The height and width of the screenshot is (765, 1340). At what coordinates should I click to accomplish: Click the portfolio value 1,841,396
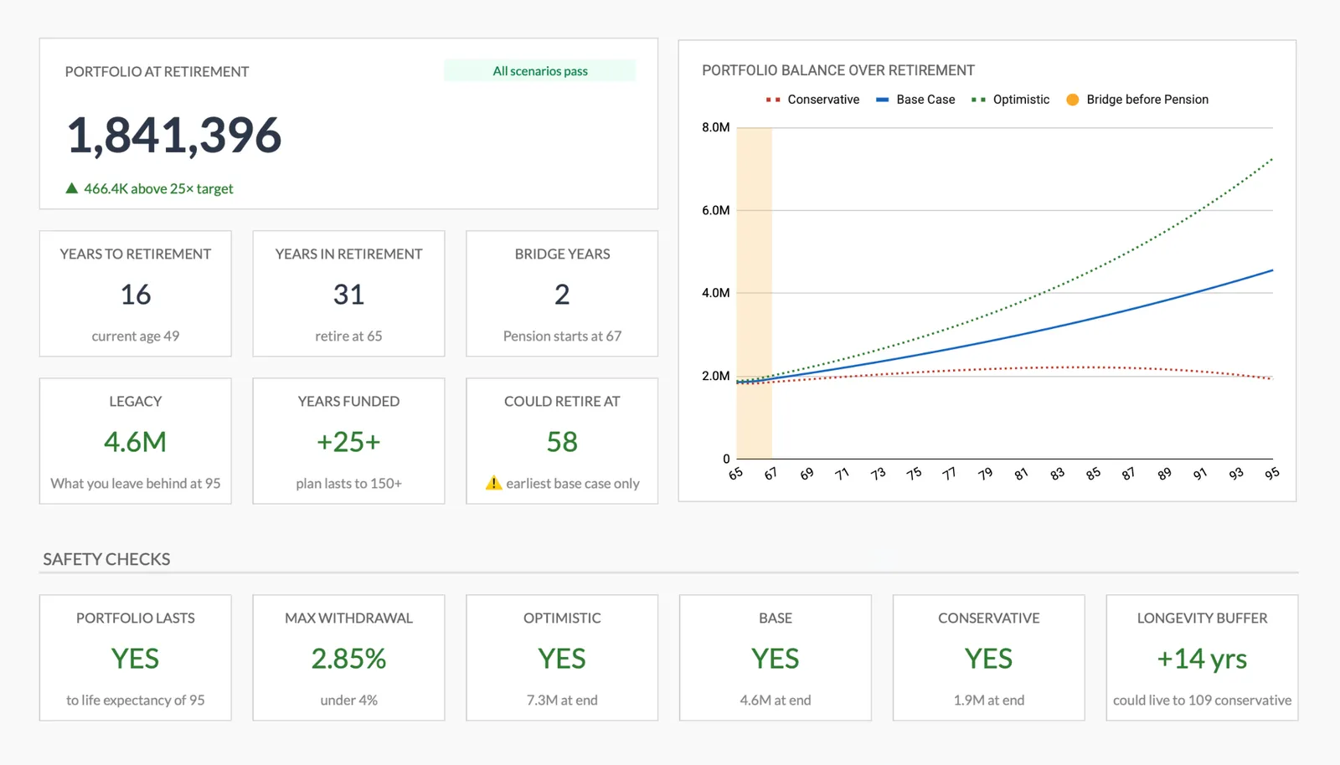(173, 136)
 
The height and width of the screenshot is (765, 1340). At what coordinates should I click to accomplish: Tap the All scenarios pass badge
(539, 71)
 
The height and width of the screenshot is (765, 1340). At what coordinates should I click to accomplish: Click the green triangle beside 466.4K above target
(72, 188)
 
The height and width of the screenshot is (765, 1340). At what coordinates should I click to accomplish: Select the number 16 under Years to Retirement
(135, 295)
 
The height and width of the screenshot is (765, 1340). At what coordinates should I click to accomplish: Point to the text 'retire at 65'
(348, 336)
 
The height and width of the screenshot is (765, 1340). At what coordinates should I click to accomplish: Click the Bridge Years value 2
(562, 295)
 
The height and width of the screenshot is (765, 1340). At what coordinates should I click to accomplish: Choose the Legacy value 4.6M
(135, 442)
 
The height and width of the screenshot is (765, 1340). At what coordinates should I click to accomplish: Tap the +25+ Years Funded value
(348, 442)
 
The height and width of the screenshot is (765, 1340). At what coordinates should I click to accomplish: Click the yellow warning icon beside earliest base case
(493, 483)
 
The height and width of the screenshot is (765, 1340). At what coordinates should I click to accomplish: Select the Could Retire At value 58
(562, 442)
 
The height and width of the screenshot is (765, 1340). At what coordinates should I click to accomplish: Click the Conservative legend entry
(812, 100)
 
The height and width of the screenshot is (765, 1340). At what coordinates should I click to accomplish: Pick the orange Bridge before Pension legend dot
(1072, 100)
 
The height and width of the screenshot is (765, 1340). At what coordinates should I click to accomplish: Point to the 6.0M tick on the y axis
(715, 210)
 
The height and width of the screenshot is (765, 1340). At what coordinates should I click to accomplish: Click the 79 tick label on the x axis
(985, 474)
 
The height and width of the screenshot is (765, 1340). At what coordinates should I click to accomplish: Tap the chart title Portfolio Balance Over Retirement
(837, 70)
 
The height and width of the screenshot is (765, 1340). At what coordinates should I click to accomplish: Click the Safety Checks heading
(106, 559)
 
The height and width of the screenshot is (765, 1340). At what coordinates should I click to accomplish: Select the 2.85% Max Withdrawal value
(348, 659)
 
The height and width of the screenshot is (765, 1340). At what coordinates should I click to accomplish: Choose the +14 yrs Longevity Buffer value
(1202, 659)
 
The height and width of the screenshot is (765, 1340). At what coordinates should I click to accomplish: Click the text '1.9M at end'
(988, 700)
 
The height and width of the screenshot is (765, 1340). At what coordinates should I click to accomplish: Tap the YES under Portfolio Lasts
(135, 659)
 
